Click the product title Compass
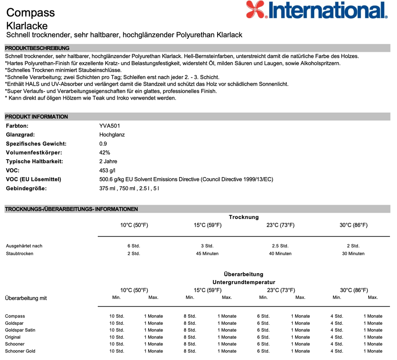pyautogui.click(x=31, y=12)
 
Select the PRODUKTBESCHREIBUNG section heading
pyautogui.click(x=37, y=48)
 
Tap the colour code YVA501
pyautogui.click(x=107, y=126)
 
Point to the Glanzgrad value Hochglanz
pyautogui.click(x=112, y=135)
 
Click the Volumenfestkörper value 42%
pyautogui.click(x=105, y=153)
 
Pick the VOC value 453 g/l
pyautogui.click(x=107, y=171)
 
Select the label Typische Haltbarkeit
pyautogui.click(x=35, y=162)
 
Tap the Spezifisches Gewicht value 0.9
pyautogui.click(x=103, y=144)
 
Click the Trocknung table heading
pyautogui.click(x=243, y=217)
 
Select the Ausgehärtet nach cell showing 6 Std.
pyautogui.click(x=134, y=246)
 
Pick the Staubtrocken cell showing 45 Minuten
pyautogui.click(x=207, y=253)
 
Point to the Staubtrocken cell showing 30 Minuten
pyautogui.click(x=353, y=253)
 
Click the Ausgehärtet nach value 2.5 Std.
pyautogui.click(x=280, y=246)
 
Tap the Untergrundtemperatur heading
pyautogui.click(x=243, y=282)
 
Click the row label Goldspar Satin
pyautogui.click(x=20, y=330)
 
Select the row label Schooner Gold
pyautogui.click(x=20, y=351)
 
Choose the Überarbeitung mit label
pyautogui.click(x=26, y=298)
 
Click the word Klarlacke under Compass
pyautogui.click(x=27, y=26)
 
